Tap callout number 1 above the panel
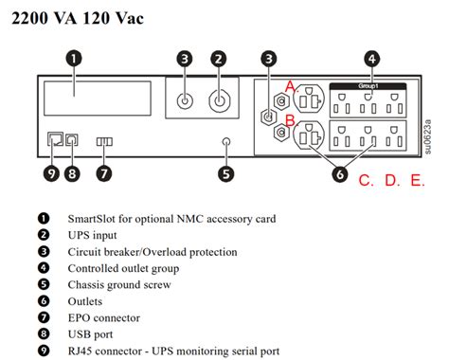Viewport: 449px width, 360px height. (x=74, y=59)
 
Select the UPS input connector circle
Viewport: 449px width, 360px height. (x=220, y=101)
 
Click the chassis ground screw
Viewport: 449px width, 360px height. (x=226, y=141)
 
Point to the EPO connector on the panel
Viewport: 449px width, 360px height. (x=104, y=141)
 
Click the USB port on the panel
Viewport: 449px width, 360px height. (x=72, y=139)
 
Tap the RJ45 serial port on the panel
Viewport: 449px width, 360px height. (x=55, y=139)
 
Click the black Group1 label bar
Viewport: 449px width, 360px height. (x=368, y=86)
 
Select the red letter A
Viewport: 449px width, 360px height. (x=291, y=86)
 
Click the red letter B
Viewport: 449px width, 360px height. (x=291, y=120)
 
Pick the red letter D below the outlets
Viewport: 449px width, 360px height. (x=392, y=180)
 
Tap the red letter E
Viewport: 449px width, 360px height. (x=417, y=180)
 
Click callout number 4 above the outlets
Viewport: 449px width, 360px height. (x=372, y=59)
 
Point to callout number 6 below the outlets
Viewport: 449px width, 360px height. (x=340, y=174)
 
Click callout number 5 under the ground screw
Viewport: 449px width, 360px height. (x=226, y=174)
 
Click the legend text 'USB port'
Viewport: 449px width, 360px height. (x=90, y=334)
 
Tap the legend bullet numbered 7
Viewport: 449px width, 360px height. (x=44, y=317)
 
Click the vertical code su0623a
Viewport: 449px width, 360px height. (x=427, y=136)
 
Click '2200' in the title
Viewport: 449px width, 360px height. (x=30, y=18)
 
